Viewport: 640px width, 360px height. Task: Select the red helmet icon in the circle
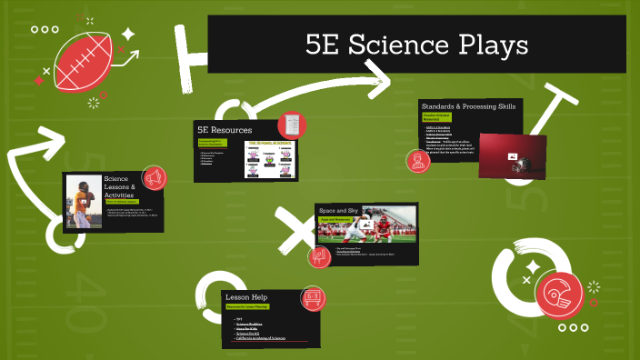558,293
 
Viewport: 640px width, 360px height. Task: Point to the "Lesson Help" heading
245,297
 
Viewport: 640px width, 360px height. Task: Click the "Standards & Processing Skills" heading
468,106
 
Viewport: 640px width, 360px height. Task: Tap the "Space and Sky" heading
339,211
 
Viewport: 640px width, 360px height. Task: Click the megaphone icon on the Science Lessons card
153,177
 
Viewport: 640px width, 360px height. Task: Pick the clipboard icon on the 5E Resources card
289,124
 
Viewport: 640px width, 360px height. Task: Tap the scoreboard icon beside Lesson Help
312,296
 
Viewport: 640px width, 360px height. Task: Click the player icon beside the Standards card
418,160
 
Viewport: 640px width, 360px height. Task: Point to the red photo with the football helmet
512,155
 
